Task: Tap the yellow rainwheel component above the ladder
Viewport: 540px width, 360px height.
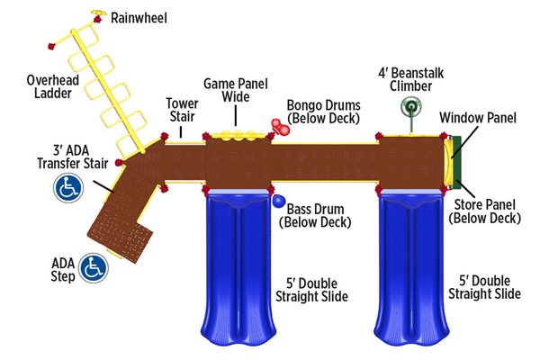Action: click(x=95, y=13)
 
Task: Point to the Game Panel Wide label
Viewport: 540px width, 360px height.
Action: click(x=237, y=88)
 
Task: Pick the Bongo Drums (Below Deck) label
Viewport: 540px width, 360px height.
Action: click(x=323, y=111)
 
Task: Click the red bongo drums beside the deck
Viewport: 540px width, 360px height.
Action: click(x=279, y=126)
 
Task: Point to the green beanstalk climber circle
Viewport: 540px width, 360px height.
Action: click(x=411, y=109)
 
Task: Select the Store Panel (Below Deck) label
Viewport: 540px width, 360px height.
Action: click(x=486, y=211)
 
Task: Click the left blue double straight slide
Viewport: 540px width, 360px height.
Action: click(x=239, y=270)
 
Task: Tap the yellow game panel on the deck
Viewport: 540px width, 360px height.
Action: click(x=238, y=134)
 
